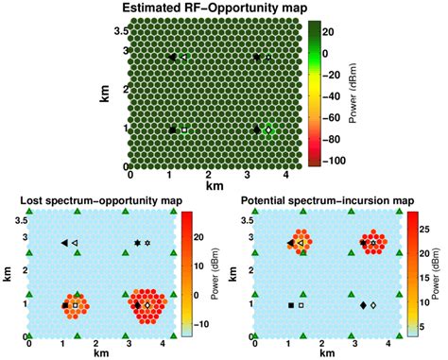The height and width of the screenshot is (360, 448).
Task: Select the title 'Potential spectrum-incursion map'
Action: pyautogui.click(x=327, y=200)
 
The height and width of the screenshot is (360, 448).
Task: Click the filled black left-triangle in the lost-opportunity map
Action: pyautogui.click(x=64, y=243)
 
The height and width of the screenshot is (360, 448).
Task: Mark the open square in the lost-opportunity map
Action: pyautogui.click(x=76, y=305)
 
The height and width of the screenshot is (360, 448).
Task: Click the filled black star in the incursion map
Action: pyautogui.click(x=363, y=243)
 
